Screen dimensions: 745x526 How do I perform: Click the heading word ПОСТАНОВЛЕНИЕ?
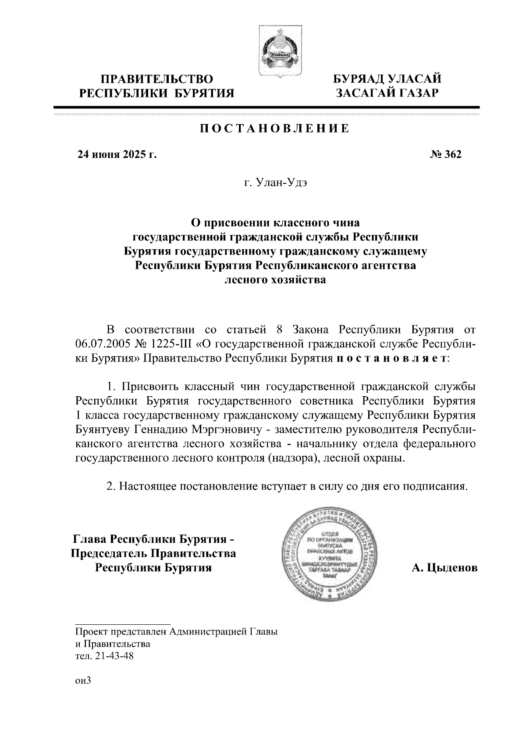(275, 129)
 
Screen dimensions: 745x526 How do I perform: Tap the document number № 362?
(446, 154)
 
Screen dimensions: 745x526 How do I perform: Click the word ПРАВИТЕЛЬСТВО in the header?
(157, 79)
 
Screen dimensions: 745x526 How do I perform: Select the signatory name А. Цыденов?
(444, 568)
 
